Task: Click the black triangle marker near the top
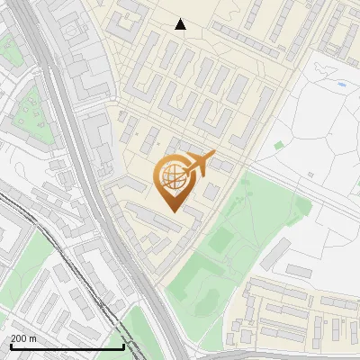181,24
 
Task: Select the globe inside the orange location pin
171,177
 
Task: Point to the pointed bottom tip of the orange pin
171,211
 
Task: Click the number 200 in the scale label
21,338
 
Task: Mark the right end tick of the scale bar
123,345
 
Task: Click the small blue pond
342,85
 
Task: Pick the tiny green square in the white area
279,144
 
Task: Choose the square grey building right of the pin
211,193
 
